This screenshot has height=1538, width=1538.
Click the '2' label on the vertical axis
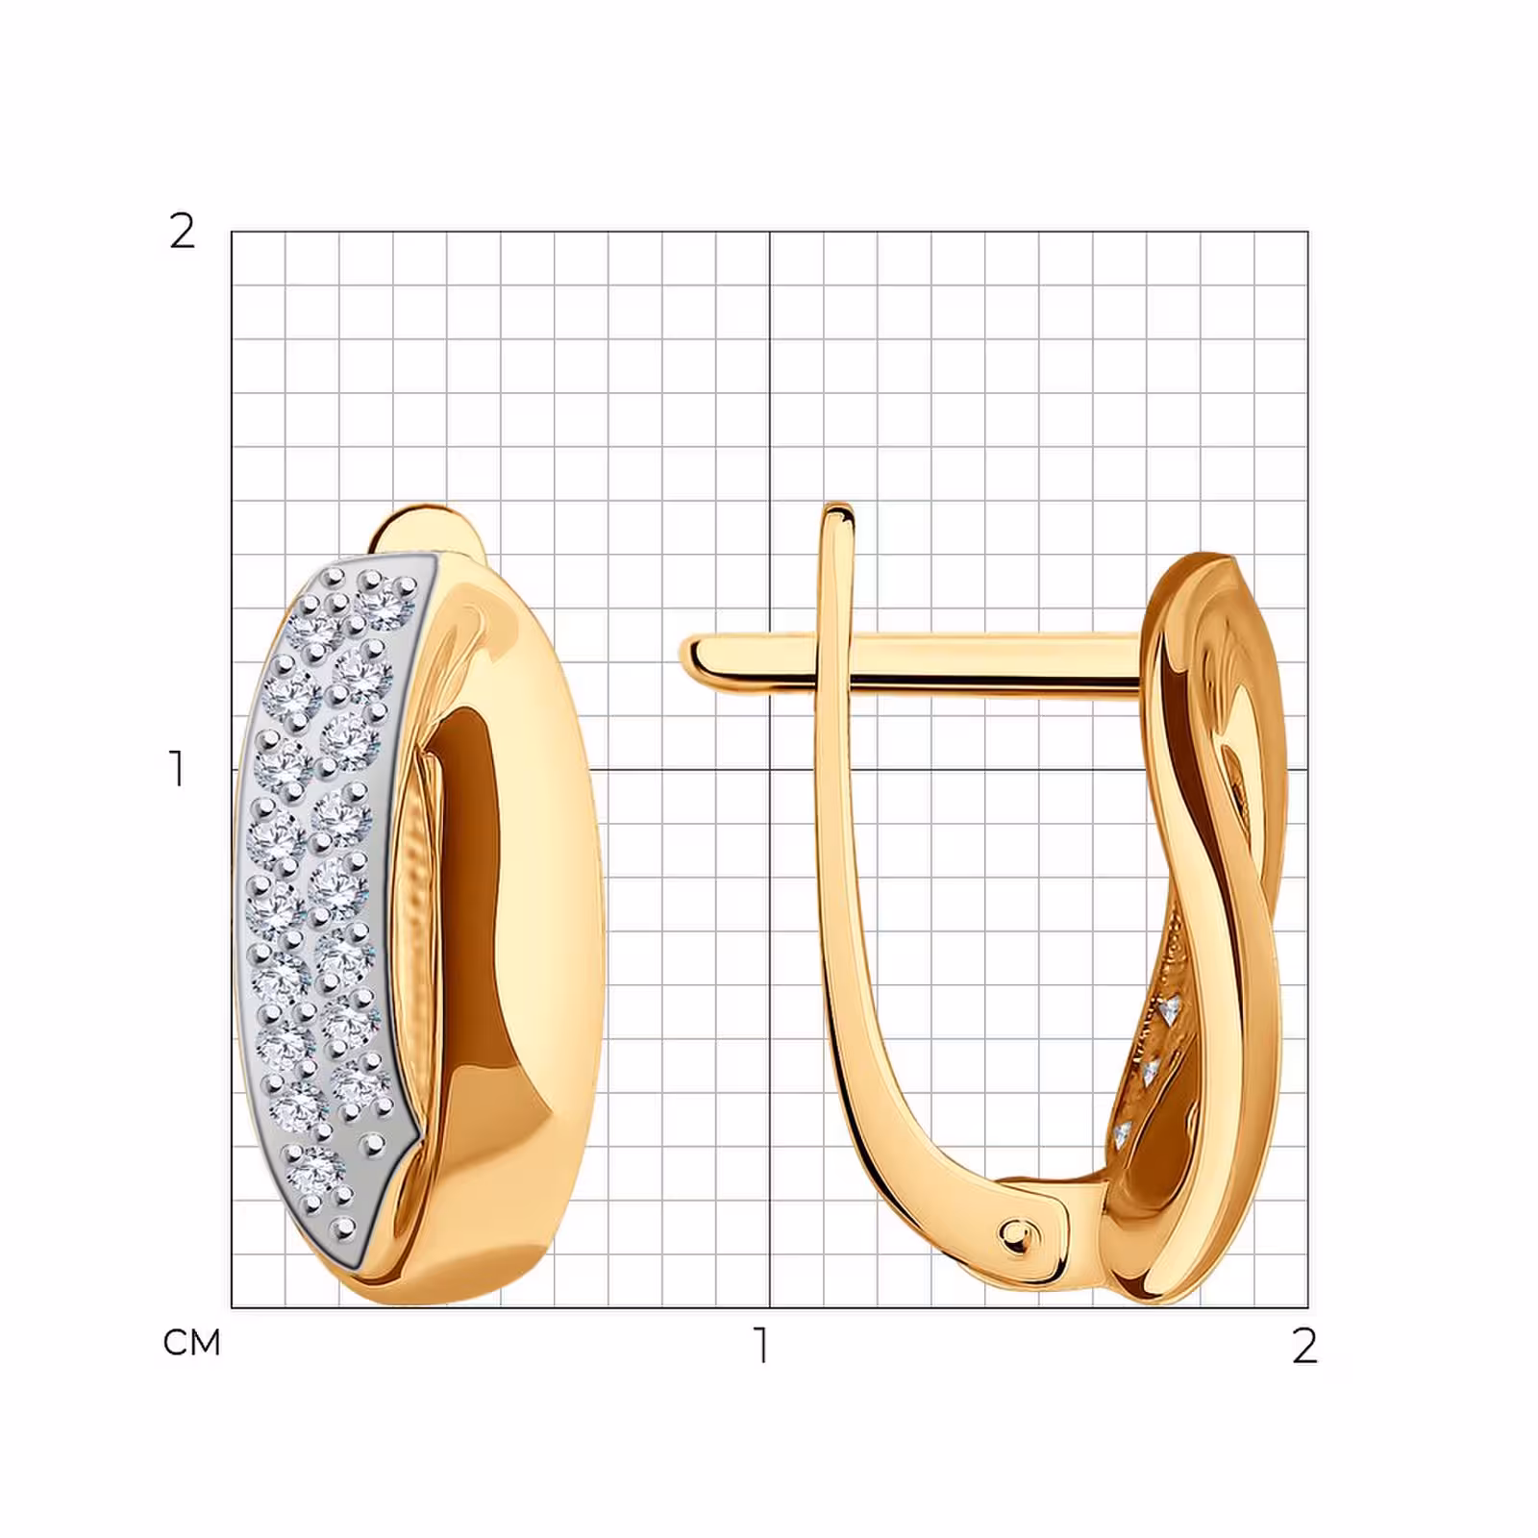pyautogui.click(x=182, y=231)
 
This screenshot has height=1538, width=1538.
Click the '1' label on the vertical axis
pyautogui.click(x=177, y=769)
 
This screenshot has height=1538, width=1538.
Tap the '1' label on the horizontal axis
pyautogui.click(x=761, y=1346)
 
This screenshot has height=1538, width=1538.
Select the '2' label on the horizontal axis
pyautogui.click(x=1303, y=1346)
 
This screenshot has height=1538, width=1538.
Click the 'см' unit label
pyautogui.click(x=192, y=1342)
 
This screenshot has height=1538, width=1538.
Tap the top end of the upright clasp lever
pyautogui.click(x=838, y=511)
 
